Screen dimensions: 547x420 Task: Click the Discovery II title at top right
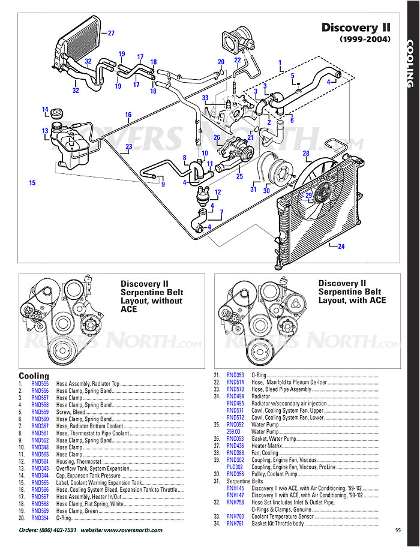356,28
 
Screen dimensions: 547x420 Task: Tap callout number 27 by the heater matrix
110,33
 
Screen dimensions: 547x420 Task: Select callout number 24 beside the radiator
341,247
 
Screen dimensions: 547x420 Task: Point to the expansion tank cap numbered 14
58,114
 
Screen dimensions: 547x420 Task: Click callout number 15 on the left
32,182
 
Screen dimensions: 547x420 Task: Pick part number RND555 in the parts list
40,383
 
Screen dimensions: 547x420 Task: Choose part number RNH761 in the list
235,524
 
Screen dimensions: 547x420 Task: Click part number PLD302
235,466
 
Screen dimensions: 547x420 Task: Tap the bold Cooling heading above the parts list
34,376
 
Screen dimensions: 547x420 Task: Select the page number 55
398,530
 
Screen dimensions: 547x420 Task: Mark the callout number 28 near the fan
306,154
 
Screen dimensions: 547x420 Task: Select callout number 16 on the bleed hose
128,115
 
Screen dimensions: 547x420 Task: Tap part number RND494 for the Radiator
235,396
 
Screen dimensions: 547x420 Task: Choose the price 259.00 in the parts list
233,431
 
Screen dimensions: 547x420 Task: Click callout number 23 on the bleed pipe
128,146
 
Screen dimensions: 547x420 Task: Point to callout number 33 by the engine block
205,98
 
